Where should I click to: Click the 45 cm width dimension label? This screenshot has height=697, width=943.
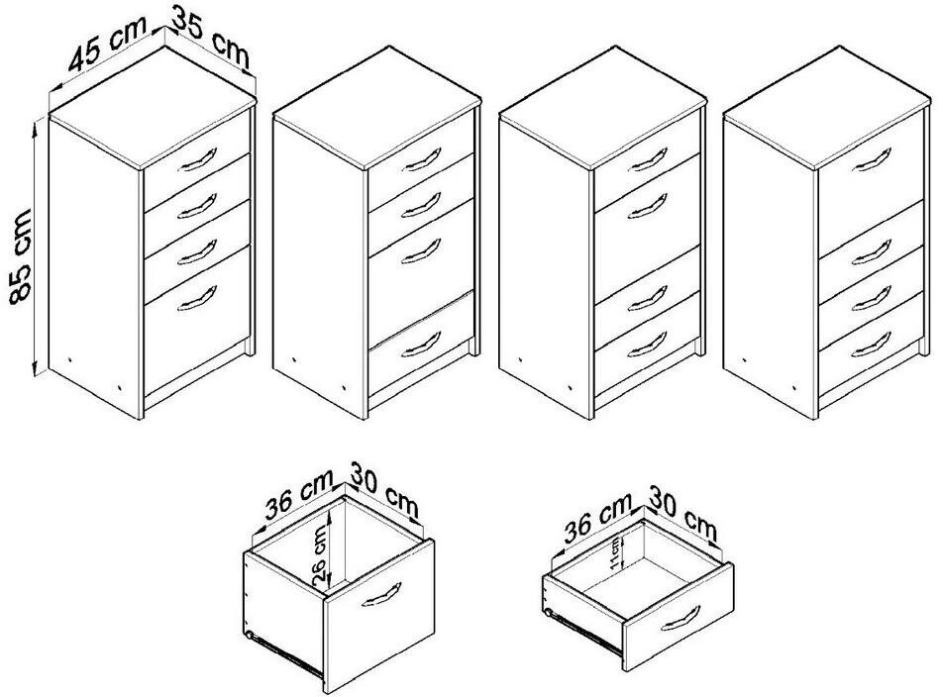106,43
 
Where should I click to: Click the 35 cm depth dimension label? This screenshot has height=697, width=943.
210,37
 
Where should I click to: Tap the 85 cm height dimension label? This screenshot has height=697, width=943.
21,257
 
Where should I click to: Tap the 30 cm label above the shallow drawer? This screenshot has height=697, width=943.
682,513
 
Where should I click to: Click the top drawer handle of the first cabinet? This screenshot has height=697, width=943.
197,160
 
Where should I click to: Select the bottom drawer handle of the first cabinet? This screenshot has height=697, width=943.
197,299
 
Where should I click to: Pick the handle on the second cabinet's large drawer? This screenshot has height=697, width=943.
421,251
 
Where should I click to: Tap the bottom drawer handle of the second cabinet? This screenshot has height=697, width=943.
421,345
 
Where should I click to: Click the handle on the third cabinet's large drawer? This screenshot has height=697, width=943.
647,206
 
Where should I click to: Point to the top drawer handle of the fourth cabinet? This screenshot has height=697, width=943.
872,159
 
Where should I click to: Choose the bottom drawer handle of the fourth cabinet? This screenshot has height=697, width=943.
872,345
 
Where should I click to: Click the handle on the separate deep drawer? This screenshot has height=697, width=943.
381,594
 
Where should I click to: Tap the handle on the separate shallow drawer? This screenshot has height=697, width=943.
681,618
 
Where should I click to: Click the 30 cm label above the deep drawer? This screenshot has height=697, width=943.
384,489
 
